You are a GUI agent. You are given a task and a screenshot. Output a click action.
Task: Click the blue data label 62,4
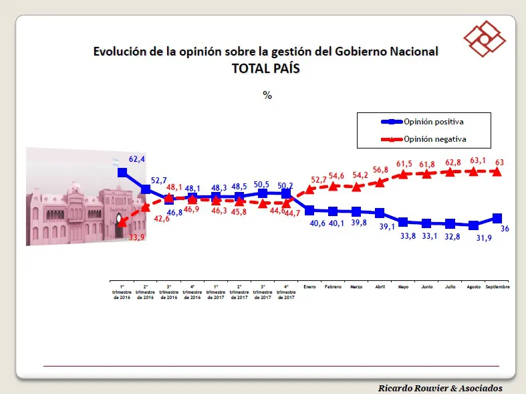(x=137, y=159)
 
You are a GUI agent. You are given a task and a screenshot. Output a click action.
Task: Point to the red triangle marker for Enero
(x=309, y=190)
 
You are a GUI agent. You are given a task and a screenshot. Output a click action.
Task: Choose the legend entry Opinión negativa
(x=434, y=139)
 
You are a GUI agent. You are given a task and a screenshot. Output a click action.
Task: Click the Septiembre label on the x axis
(x=497, y=286)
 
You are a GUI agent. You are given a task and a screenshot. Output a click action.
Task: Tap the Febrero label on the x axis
(x=333, y=286)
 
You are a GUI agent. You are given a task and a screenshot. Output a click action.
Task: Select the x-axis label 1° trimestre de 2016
(x=122, y=292)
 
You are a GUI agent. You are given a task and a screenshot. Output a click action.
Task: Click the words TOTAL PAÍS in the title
(x=266, y=68)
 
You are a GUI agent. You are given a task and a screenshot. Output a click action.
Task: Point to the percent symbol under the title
(x=267, y=95)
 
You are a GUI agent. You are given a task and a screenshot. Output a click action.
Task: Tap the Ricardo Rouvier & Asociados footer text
(x=440, y=388)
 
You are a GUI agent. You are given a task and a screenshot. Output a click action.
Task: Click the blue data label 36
(x=505, y=229)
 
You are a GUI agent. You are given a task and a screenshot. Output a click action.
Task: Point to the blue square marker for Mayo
(x=403, y=221)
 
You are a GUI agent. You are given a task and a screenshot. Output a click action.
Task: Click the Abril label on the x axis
(x=380, y=286)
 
